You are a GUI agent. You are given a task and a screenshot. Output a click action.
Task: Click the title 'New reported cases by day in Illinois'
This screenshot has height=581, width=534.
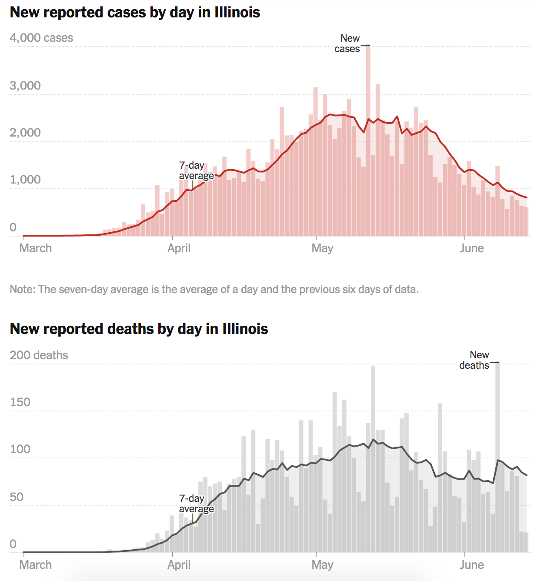[x=135, y=12]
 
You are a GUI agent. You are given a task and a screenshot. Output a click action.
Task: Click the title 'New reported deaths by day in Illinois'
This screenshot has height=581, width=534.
[x=139, y=329]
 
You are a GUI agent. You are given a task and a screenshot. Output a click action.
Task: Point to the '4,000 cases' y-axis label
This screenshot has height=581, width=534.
[x=41, y=38]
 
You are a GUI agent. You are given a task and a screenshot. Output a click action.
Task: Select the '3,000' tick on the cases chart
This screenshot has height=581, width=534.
[x=25, y=85]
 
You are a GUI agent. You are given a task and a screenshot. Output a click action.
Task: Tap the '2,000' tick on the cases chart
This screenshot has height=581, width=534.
[x=25, y=132]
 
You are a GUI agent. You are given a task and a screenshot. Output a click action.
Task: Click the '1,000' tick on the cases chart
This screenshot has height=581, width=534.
[x=25, y=180]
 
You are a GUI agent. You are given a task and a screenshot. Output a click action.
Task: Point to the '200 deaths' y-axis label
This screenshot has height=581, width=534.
[x=39, y=355]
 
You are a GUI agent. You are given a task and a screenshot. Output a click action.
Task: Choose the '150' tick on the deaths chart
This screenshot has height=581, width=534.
[x=20, y=402]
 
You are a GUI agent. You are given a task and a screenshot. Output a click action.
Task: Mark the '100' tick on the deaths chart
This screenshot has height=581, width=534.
[x=20, y=449]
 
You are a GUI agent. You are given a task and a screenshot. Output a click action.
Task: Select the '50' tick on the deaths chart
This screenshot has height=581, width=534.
[x=17, y=497]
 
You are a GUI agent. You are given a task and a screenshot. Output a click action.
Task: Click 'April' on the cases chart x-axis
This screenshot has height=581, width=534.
[x=179, y=248]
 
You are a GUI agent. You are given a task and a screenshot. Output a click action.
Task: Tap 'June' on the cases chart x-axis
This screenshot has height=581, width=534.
[x=472, y=248]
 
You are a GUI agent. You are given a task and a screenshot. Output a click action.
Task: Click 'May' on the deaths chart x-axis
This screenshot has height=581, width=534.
[x=322, y=565]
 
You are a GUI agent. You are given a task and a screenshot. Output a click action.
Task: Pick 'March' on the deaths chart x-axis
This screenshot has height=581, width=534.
[x=36, y=565]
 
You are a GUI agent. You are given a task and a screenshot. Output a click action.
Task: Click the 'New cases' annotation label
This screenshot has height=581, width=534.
[x=347, y=43]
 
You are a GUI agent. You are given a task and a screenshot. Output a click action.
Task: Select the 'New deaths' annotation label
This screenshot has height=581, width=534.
[x=475, y=360]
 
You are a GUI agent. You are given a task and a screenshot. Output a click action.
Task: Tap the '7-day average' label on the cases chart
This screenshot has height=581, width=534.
[x=196, y=170]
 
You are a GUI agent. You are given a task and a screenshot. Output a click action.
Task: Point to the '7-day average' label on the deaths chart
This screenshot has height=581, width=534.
[x=196, y=504]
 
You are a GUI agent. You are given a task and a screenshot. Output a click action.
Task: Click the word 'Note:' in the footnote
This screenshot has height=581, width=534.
[x=23, y=289]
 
